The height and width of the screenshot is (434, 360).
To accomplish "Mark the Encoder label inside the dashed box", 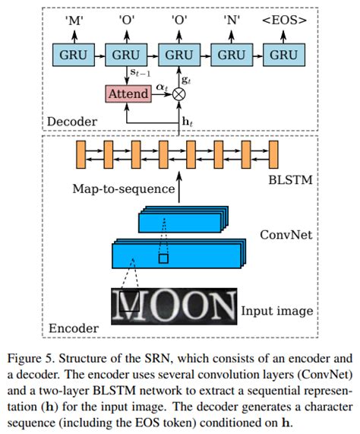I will (x=74, y=328).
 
